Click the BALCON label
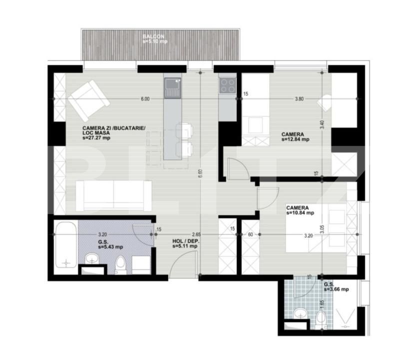coord(153,36)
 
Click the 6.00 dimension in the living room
coord(145,99)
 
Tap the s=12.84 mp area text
coord(295,139)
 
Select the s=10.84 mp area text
coord(300,213)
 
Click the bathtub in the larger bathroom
coord(66,245)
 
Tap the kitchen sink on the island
coord(172,88)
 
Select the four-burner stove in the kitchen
coord(227,86)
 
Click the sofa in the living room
coord(114,195)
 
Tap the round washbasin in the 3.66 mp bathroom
coord(301,314)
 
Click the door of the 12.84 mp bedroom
coord(237,168)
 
